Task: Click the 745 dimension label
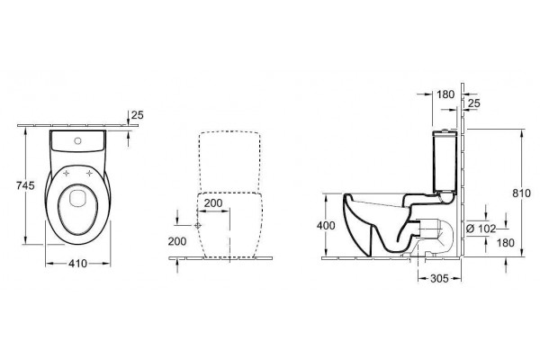tap(25, 185)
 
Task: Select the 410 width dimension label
tap(77, 264)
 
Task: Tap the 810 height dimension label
tap(522, 193)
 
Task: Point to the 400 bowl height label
tap(326, 226)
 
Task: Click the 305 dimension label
tap(440, 278)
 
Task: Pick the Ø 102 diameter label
tap(481, 229)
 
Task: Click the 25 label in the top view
tap(138, 115)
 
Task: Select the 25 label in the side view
tap(474, 103)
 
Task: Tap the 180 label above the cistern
tap(445, 94)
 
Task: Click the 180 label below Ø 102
tap(506, 243)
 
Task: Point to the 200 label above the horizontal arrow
tap(213, 203)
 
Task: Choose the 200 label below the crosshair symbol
tap(177, 241)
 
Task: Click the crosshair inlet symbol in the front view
tap(198, 226)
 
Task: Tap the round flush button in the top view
tap(77, 140)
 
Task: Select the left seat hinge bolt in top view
tap(66, 173)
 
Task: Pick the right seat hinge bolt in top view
tap(90, 173)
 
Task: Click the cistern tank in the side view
tap(445, 161)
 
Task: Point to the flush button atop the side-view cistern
tap(446, 130)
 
